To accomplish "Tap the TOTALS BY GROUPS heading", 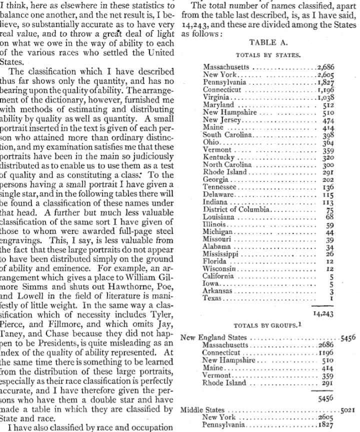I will (266, 324).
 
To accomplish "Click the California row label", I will (218, 276).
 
